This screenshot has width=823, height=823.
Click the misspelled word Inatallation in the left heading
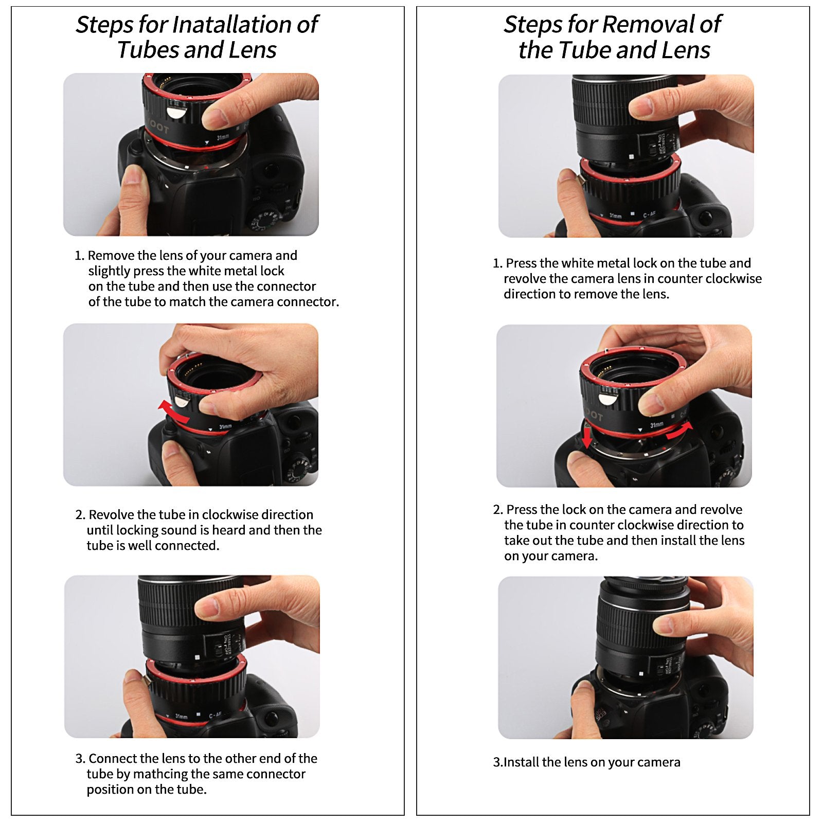(x=232, y=24)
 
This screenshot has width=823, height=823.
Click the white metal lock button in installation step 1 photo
(x=177, y=112)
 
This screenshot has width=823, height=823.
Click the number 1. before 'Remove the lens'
(x=79, y=256)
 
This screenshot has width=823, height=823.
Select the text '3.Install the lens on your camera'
(x=586, y=762)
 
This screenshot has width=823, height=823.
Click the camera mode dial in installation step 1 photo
(x=264, y=219)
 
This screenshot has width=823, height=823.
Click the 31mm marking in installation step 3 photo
(x=181, y=716)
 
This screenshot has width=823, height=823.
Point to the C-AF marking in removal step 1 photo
(x=649, y=214)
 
